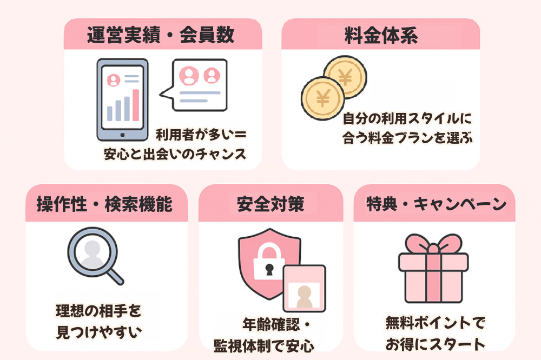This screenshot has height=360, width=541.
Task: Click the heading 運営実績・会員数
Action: (161, 35)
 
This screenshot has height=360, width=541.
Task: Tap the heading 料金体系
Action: (381, 35)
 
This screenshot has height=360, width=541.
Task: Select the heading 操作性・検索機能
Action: (104, 204)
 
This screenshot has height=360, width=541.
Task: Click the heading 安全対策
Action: (271, 204)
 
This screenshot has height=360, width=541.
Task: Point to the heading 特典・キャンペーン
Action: (436, 204)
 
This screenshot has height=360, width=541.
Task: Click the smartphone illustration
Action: (122, 99)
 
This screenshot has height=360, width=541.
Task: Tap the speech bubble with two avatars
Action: (194, 85)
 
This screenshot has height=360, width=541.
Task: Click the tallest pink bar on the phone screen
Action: (136, 105)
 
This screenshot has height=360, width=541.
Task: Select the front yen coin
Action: (322, 98)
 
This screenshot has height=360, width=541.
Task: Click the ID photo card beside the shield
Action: (304, 288)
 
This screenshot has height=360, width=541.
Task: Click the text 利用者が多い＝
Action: (201, 135)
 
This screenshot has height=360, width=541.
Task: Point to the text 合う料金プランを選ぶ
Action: (407, 138)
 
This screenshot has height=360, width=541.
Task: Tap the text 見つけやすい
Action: (99, 332)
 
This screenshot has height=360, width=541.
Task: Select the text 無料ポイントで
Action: (436, 323)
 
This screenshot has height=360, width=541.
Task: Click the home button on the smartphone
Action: (122, 135)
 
